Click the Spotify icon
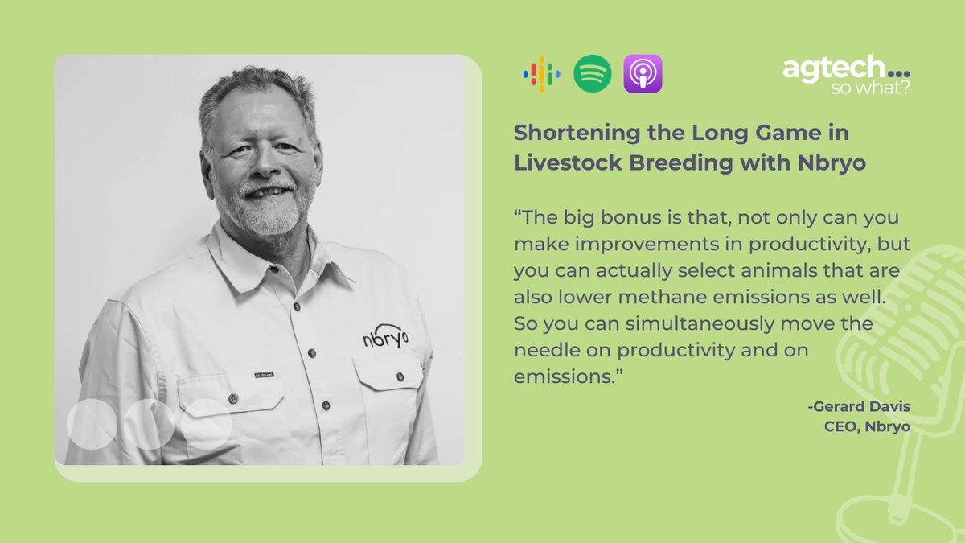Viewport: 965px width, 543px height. pyautogui.click(x=592, y=74)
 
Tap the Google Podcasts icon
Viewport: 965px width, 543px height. pyautogui.click(x=541, y=74)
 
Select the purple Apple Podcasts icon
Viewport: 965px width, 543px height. pyautogui.click(x=643, y=74)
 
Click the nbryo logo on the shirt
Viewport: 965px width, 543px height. pyautogui.click(x=384, y=337)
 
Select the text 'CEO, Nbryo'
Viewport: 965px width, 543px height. pyautogui.click(x=867, y=426)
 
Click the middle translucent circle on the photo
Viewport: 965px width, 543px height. pyautogui.click(x=149, y=423)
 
